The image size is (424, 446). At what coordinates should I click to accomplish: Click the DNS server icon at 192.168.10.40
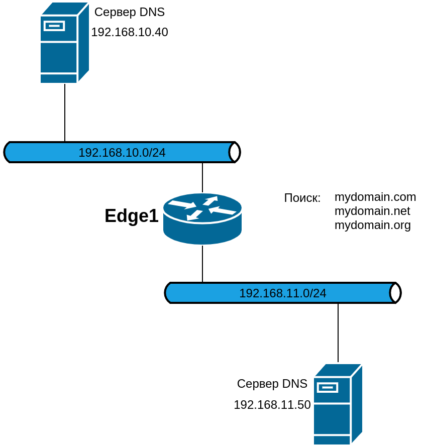(64, 43)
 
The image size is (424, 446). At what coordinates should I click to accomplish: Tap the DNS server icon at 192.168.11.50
(338, 404)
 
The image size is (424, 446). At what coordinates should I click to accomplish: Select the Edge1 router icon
(202, 218)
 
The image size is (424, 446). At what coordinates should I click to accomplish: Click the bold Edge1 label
(131, 216)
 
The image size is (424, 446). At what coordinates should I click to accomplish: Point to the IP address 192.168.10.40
(130, 32)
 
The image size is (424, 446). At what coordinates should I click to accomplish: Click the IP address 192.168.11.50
(272, 405)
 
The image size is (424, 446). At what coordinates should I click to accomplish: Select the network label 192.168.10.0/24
(122, 153)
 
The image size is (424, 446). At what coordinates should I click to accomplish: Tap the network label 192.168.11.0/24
(283, 293)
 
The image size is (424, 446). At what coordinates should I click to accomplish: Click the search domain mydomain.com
(375, 197)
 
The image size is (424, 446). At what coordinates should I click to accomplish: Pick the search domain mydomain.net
(372, 211)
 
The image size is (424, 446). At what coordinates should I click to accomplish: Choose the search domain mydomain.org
(373, 225)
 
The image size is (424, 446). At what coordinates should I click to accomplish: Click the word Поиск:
(302, 198)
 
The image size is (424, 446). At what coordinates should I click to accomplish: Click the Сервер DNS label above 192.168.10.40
(130, 12)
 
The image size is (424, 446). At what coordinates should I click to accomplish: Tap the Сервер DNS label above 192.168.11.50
(272, 384)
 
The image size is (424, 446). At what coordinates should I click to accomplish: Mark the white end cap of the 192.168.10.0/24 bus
(235, 152)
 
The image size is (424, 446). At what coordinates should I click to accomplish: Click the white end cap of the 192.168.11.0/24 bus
(395, 293)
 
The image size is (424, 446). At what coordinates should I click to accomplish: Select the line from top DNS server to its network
(65, 113)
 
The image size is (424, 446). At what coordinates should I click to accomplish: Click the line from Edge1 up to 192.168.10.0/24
(202, 177)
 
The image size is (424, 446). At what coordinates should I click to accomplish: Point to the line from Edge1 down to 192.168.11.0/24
(202, 264)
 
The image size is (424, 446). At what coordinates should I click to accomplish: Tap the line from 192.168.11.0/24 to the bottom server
(338, 332)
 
